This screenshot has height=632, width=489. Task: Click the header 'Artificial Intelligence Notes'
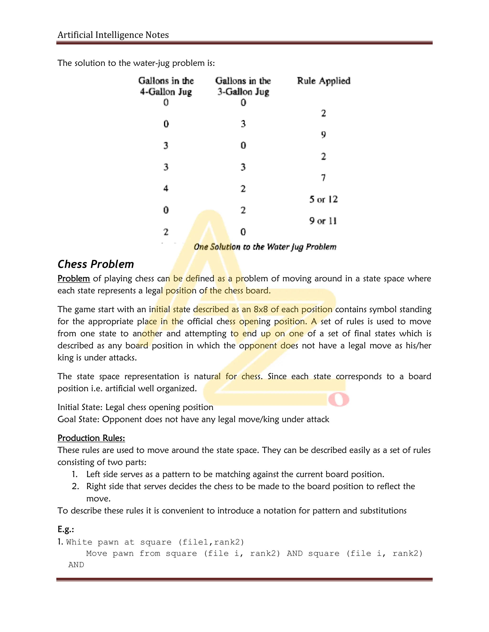[113, 35]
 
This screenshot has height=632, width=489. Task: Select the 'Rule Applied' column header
[324, 81]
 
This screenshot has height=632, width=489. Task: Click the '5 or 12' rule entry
[323, 199]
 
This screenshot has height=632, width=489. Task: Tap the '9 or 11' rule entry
[323, 221]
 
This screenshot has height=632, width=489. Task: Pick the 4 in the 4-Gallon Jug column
[166, 189]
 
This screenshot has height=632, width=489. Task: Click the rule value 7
[323, 178]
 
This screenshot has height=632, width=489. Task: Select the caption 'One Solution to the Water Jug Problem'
[265, 247]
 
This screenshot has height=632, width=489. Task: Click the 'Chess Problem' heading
[96, 264]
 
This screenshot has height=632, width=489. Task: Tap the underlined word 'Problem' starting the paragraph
[74, 278]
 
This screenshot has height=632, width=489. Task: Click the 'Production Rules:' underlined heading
[91, 438]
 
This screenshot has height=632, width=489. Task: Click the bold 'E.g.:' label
[66, 529]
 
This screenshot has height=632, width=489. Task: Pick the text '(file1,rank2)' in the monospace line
[211, 542]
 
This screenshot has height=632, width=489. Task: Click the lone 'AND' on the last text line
[76, 565]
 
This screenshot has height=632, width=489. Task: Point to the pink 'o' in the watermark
[338, 400]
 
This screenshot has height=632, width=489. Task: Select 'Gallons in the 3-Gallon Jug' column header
[243, 86]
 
